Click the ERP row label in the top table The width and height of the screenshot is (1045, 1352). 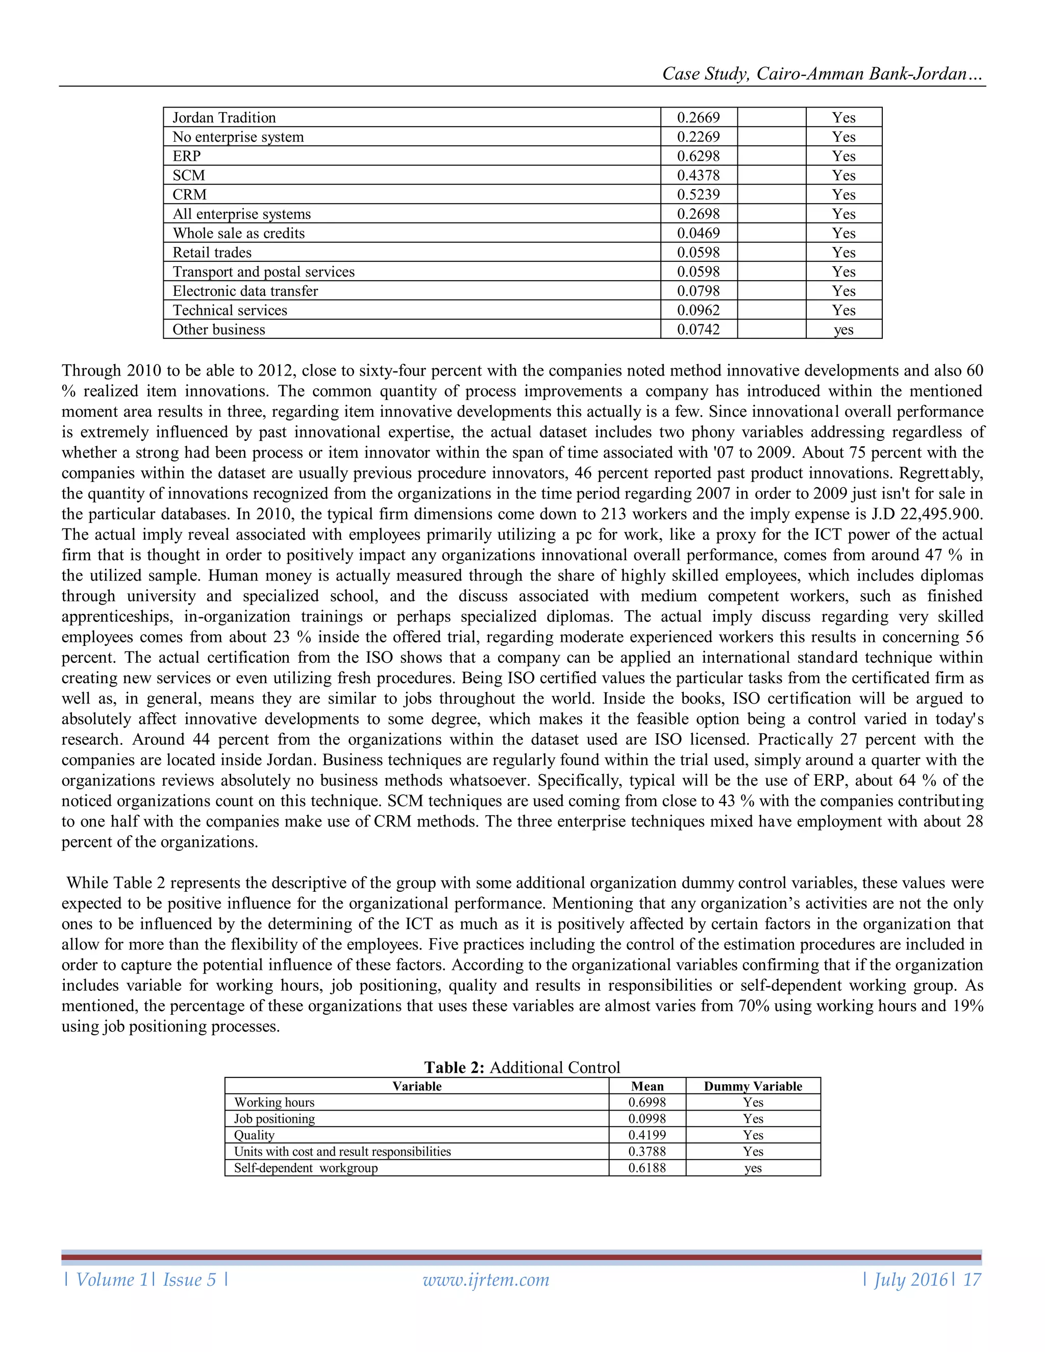pos(186,156)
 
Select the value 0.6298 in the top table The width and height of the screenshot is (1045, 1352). pos(699,156)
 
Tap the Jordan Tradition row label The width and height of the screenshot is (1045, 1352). pos(224,118)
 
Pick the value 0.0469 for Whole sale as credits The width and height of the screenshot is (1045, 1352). pos(699,233)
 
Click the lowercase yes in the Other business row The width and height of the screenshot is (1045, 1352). pos(843,330)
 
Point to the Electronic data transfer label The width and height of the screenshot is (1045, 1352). pos(245,291)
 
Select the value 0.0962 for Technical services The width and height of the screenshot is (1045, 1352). pos(699,310)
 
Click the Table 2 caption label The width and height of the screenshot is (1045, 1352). pos(521,1067)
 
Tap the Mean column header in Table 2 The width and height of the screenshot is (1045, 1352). pos(647,1086)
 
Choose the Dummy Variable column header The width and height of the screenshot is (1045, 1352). pos(753,1086)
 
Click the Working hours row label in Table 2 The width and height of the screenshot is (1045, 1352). pos(274,1103)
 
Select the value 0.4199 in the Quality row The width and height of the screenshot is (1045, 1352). pos(647,1135)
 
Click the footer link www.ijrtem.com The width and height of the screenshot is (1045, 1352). pos(486,1280)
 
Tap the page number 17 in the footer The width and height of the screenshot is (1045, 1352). pos(972,1280)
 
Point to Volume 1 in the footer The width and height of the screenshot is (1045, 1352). pos(111,1280)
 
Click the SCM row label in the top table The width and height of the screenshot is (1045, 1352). pos(189,175)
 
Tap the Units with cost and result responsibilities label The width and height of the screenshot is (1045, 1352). pos(342,1151)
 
